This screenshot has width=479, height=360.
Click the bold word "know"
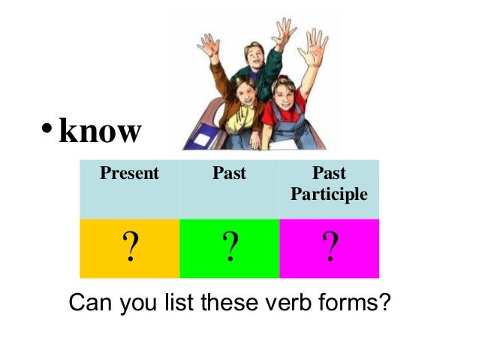[99, 132]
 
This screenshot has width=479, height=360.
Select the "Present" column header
[130, 174]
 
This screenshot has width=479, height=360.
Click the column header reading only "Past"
[229, 174]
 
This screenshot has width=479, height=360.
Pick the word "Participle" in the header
[329, 195]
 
